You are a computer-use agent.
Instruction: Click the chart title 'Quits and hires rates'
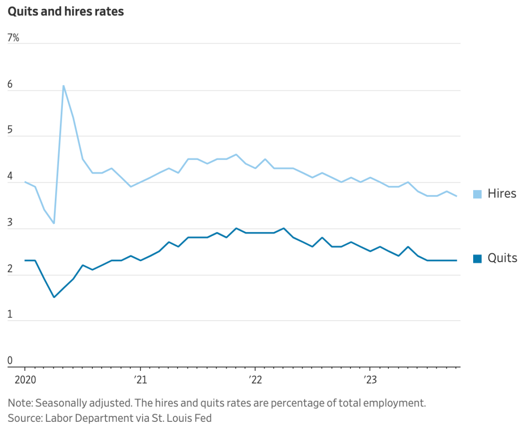pyautogui.click(x=66, y=12)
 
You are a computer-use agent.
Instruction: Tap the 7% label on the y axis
pyautogui.click(x=13, y=38)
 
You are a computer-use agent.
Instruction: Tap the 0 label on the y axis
pyautogui.click(x=10, y=361)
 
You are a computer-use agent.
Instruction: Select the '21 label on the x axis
pyautogui.click(x=140, y=378)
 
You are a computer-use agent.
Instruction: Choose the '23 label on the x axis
pyautogui.click(x=370, y=378)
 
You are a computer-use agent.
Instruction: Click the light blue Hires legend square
pyautogui.click(x=477, y=194)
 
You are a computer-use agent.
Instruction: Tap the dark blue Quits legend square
pyautogui.click(x=477, y=258)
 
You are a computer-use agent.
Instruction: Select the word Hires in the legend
pyautogui.click(x=502, y=194)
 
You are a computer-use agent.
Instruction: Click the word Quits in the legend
pyautogui.click(x=502, y=258)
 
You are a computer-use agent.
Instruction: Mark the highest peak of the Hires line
pyautogui.click(x=63, y=86)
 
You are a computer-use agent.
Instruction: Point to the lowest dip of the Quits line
pyautogui.click(x=54, y=297)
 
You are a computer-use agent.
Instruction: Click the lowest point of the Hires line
pyautogui.click(x=54, y=223)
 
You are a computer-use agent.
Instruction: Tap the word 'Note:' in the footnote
pyautogui.click(x=20, y=403)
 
